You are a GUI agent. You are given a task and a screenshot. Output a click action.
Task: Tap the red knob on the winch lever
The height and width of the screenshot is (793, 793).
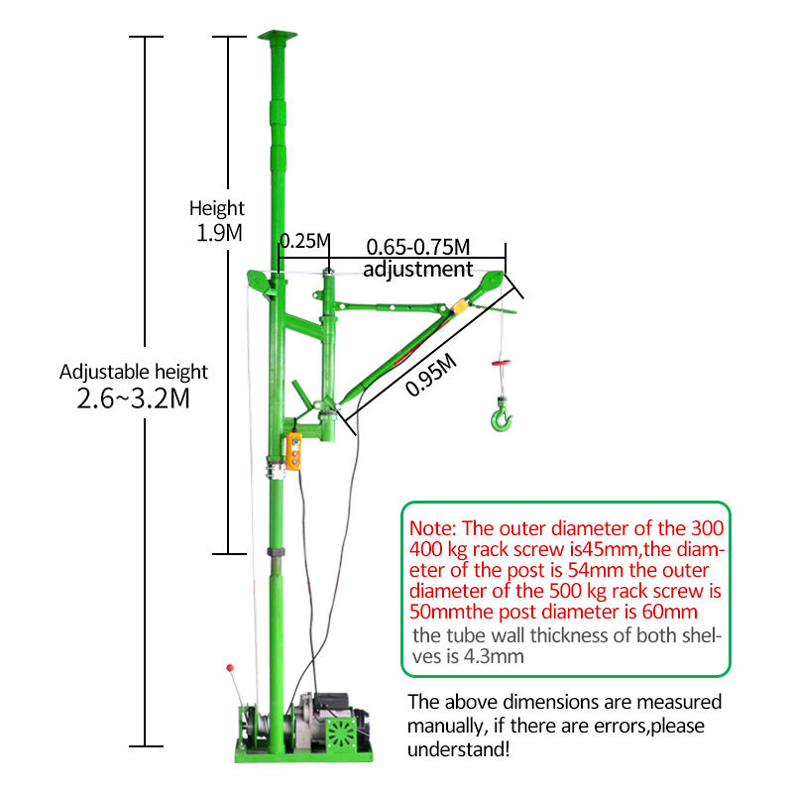click(x=230, y=668)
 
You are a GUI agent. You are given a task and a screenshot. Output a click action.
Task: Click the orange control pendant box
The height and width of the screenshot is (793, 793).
click(x=293, y=451)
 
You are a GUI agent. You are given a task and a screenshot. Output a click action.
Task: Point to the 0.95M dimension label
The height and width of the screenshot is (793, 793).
click(x=431, y=375)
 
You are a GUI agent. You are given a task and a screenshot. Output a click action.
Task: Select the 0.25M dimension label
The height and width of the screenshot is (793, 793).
click(x=305, y=241)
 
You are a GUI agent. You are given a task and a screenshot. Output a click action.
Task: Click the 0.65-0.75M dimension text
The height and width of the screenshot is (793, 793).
click(x=417, y=247)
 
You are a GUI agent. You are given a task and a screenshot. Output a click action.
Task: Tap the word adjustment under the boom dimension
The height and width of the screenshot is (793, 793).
click(x=417, y=269)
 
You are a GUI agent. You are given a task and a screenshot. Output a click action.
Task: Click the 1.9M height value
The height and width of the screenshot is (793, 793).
click(x=219, y=233)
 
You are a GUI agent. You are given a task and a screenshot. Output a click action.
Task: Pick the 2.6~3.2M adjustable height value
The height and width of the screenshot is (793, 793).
click(x=133, y=398)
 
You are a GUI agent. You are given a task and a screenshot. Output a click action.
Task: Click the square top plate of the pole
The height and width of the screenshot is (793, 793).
click(x=278, y=35)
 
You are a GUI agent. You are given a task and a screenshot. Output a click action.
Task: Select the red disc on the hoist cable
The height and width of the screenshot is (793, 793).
click(x=501, y=363)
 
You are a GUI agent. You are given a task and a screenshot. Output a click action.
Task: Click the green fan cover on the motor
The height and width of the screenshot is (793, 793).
click(x=341, y=734)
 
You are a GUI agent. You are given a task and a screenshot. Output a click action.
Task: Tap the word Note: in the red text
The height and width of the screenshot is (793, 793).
click(x=433, y=528)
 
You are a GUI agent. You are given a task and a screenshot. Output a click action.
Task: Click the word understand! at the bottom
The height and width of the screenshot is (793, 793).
click(x=458, y=749)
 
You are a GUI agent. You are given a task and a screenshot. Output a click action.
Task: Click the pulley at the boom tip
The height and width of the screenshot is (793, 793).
click(x=492, y=280)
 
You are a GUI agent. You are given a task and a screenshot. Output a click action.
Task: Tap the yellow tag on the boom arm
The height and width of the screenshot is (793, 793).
click(x=460, y=307)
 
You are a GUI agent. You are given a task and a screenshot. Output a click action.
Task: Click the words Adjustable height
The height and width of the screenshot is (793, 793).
click(x=134, y=373)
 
